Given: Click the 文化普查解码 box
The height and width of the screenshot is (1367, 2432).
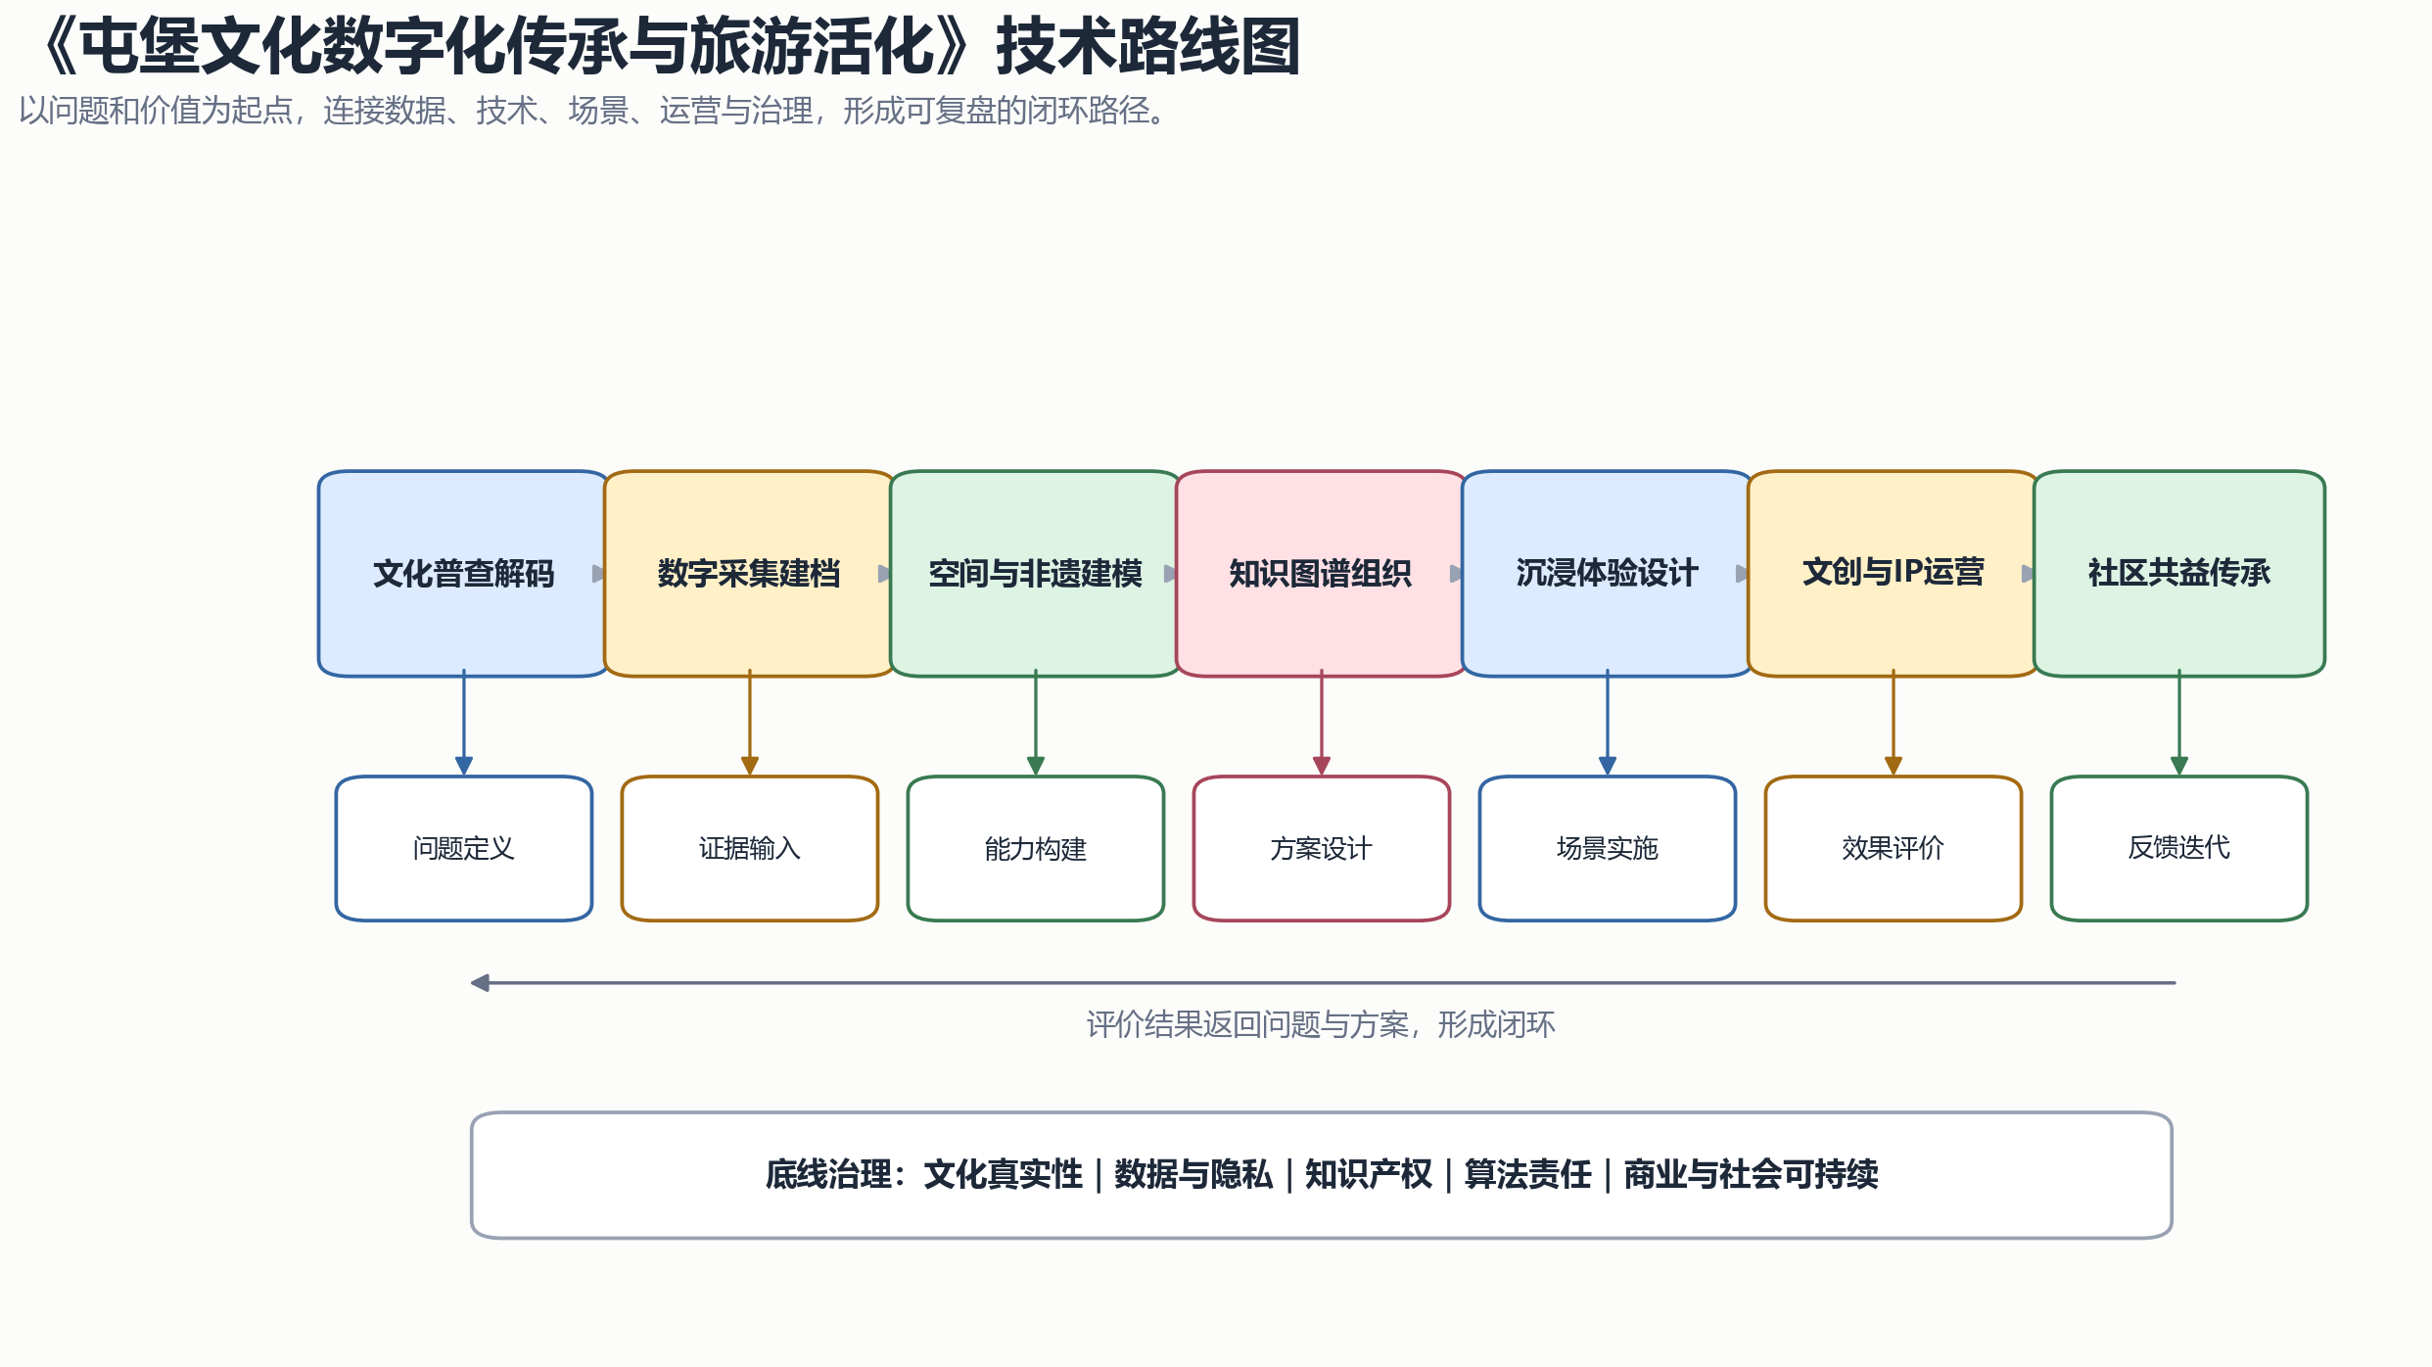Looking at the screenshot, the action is [x=464, y=574].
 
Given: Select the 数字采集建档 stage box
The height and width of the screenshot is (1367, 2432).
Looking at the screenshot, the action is [x=750, y=574].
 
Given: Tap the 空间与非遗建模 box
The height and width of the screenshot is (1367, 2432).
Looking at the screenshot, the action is [x=1036, y=574].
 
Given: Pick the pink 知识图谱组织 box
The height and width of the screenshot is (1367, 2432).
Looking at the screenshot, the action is [x=1322, y=574].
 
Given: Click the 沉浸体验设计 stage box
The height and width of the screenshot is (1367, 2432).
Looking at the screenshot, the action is [x=1608, y=574].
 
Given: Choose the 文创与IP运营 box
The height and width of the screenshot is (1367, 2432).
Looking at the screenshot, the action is [x=1894, y=574].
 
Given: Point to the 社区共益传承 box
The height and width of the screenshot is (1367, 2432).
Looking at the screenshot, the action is [x=2179, y=574].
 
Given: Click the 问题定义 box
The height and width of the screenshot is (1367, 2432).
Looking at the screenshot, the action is [x=464, y=848].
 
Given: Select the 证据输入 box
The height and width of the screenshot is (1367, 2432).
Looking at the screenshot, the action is [x=750, y=848].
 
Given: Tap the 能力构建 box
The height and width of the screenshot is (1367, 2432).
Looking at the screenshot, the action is [x=1036, y=848].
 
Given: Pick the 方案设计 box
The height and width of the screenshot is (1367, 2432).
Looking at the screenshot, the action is [x=1322, y=848].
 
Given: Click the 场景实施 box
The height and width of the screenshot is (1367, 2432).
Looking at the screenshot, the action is [x=1608, y=848].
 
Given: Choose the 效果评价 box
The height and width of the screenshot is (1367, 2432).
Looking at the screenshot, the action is [x=1894, y=848].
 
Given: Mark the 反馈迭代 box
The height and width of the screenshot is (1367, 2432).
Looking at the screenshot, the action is [x=2179, y=848].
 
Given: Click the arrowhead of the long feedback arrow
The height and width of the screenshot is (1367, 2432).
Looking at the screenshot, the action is [x=480, y=982].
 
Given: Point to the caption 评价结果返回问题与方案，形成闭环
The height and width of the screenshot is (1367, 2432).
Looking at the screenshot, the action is [x=1321, y=1024].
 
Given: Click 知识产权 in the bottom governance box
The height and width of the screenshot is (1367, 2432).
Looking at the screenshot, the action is [x=1369, y=1174].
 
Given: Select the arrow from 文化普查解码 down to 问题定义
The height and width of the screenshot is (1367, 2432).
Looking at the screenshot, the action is [x=464, y=723].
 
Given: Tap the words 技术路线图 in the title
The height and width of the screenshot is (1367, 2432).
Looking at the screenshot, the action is [x=1148, y=47].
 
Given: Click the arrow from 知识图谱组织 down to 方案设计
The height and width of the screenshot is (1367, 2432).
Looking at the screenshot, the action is [x=1322, y=723].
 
